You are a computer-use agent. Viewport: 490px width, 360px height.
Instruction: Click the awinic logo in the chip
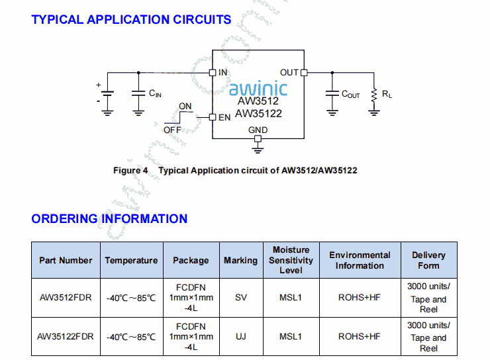click(x=258, y=88)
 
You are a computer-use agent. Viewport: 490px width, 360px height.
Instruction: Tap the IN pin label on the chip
click(x=223, y=72)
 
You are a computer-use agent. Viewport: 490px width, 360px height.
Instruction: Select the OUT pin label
click(x=289, y=72)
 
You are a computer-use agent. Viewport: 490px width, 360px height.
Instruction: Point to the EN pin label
click(x=224, y=118)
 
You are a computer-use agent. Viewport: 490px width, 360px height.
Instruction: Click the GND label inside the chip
click(x=258, y=130)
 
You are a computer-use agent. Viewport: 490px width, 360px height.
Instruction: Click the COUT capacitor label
click(x=351, y=95)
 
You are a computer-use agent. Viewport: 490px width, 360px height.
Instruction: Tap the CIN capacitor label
click(x=155, y=94)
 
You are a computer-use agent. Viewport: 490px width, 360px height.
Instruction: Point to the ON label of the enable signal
click(x=185, y=106)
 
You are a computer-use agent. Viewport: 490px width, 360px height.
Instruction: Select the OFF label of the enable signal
click(x=172, y=130)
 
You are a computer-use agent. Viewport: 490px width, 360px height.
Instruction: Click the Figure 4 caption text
click(x=235, y=171)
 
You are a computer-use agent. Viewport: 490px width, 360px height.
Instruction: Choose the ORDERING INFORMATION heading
click(x=109, y=218)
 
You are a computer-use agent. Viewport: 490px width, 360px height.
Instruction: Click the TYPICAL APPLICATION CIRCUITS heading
click(x=131, y=19)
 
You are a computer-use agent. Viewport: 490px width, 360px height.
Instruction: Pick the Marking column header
click(x=240, y=260)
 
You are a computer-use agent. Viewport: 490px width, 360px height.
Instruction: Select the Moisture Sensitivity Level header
click(x=291, y=260)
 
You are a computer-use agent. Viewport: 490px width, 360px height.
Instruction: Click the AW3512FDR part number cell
click(x=66, y=298)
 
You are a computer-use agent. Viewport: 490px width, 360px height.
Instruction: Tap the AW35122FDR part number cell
click(x=66, y=336)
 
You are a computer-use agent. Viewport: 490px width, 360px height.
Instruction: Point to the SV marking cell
click(x=240, y=298)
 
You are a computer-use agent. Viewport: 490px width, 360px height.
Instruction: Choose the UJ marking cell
click(x=240, y=336)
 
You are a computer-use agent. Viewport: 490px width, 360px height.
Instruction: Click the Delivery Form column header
click(x=428, y=260)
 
